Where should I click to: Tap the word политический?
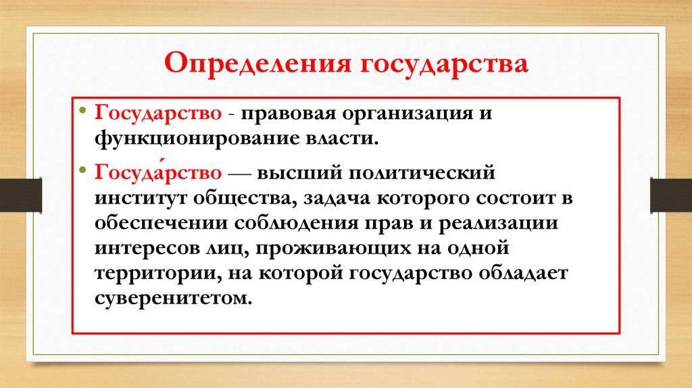tap(422, 173)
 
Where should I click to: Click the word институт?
tap(143, 199)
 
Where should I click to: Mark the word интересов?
tap(147, 249)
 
